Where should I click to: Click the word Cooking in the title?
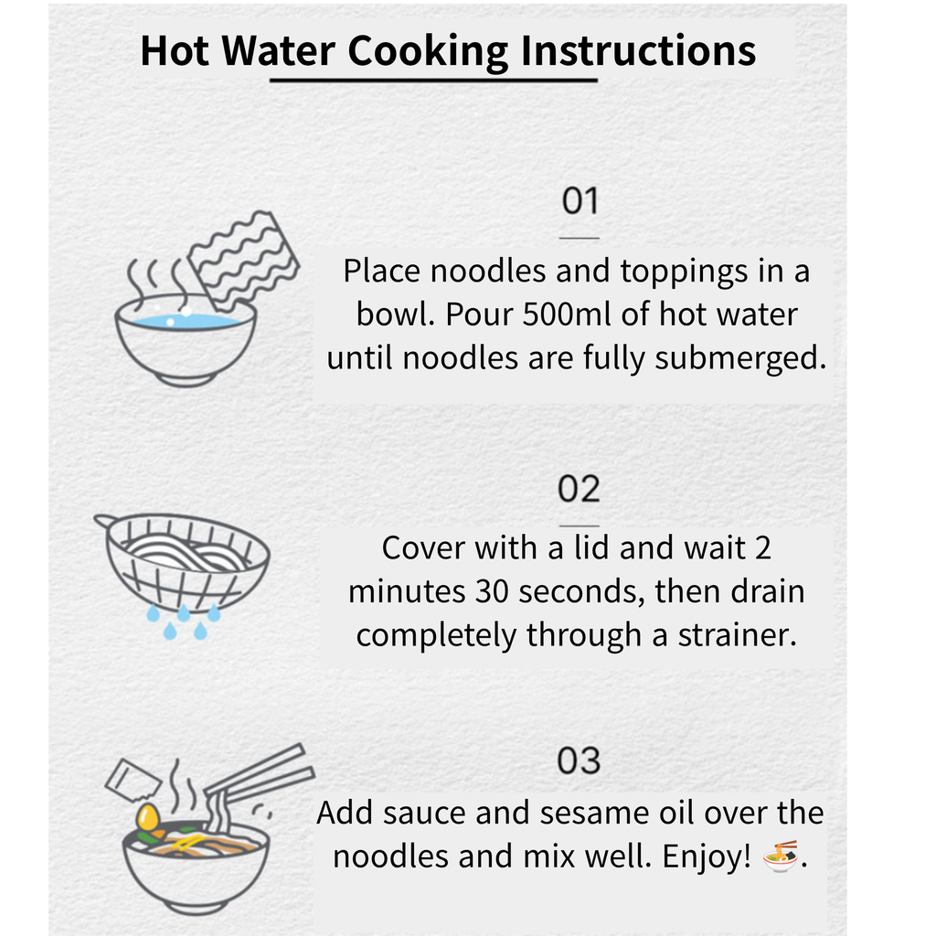click(428, 51)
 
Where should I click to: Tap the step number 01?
click(580, 200)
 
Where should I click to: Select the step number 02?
click(579, 489)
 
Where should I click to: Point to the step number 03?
click(579, 761)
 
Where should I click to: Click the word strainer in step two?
click(738, 635)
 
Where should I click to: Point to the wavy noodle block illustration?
click(243, 261)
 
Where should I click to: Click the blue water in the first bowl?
click(186, 322)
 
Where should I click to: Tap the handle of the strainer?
click(105, 520)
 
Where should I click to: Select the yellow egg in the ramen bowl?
click(147, 816)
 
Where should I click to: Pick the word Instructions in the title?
click(638, 51)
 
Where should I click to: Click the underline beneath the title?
click(433, 80)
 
